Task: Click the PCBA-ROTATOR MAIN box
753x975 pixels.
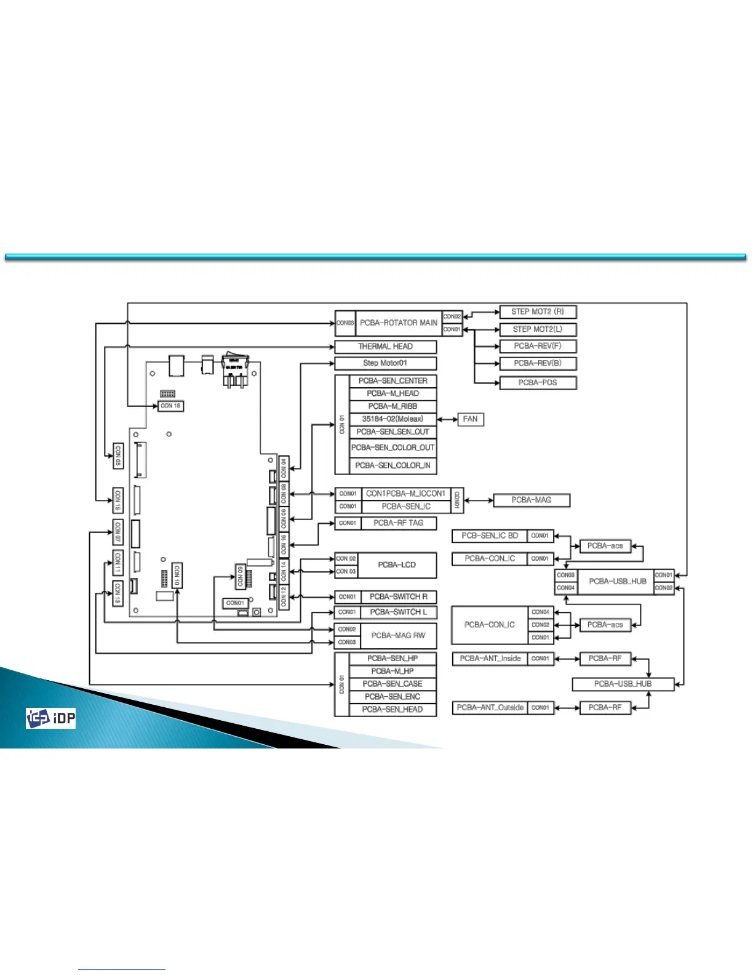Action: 399,323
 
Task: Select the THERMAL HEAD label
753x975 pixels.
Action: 385,347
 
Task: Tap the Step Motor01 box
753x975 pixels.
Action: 385,363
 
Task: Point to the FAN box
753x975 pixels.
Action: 470,419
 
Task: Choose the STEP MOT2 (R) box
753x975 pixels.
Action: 537,311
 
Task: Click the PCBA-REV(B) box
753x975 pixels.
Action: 537,363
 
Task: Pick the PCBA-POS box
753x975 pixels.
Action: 537,382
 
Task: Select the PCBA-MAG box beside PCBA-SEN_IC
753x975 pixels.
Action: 532,500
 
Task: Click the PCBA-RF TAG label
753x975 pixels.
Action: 398,523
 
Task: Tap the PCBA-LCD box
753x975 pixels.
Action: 397,565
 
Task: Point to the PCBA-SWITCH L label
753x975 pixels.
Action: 398,612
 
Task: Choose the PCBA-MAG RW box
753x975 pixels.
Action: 397,636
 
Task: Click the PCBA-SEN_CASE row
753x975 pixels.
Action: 392,684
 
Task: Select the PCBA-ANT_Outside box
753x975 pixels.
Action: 490,708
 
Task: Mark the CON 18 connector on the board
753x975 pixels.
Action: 170,406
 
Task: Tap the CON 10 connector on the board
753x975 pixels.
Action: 177,575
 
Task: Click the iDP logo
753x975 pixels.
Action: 50,718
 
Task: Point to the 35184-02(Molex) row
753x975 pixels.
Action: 392,419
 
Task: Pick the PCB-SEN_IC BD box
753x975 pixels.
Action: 490,536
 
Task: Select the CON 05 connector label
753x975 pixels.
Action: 118,455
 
